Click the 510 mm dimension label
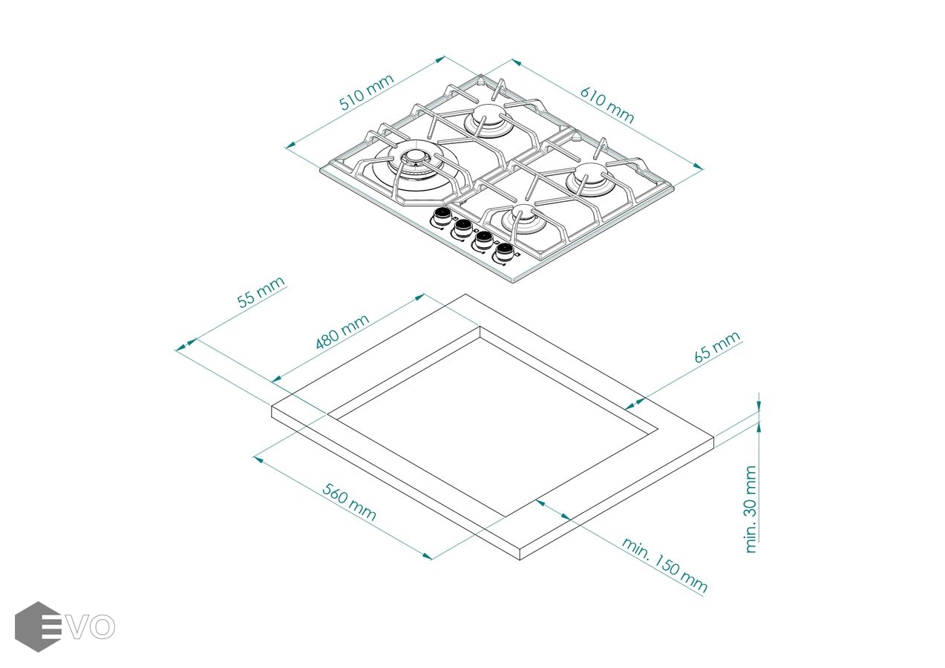[367, 92]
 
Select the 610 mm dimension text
[606, 105]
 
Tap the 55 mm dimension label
[261, 292]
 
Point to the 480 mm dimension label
[342, 332]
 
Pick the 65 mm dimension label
[717, 347]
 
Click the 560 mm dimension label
[349, 502]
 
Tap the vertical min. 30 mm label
[751, 509]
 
